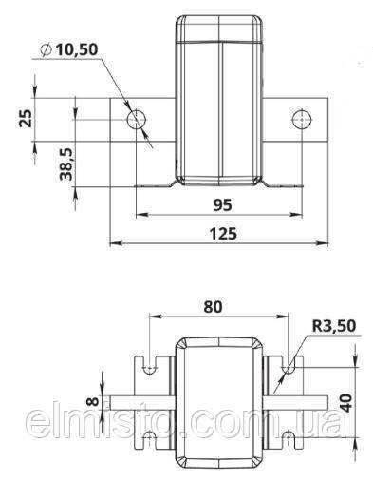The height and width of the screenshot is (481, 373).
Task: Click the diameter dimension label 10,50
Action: (x=77, y=50)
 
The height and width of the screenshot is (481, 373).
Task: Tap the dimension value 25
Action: (x=26, y=118)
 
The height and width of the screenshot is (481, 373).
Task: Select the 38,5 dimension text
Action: (x=66, y=164)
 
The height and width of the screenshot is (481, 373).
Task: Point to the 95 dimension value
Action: (x=222, y=205)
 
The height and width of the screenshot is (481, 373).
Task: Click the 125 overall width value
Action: (x=223, y=234)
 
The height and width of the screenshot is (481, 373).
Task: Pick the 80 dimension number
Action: (x=213, y=307)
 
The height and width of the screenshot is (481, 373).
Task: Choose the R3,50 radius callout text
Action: (x=334, y=326)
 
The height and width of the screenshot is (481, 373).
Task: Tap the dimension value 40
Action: (x=346, y=403)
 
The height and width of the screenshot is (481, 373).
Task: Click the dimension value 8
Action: (x=92, y=402)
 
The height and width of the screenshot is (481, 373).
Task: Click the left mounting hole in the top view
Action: (x=137, y=120)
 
